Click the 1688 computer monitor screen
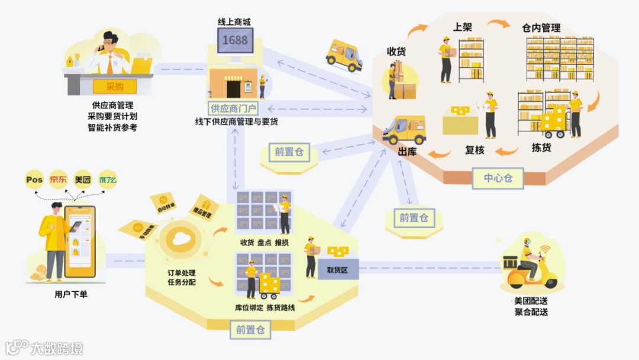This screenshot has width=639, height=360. coord(235,40)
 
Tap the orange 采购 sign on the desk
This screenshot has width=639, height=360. coord(115,86)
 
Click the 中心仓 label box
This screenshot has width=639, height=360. coord(498,178)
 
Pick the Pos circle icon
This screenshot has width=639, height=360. coord(35,179)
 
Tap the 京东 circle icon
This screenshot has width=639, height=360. coord(59,179)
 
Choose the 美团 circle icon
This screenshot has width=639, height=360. coord(83,179)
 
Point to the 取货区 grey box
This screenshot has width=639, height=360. coord(338,269)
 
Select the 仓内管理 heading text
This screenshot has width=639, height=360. coord(541,27)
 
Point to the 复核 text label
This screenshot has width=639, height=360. coord(475,150)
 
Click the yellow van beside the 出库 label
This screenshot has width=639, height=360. coord(404,130)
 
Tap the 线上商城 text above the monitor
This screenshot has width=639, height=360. coord(234,22)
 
